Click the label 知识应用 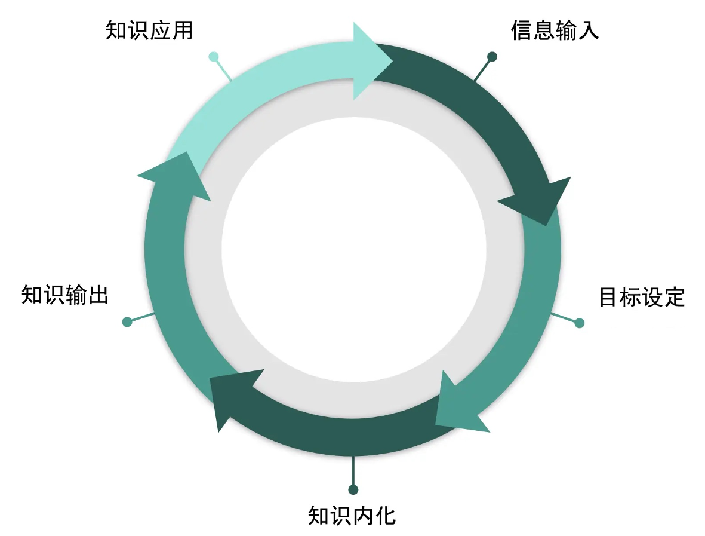[x=149, y=30]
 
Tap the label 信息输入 [x=555, y=30]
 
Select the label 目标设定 [x=642, y=297]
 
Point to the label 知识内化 [x=352, y=516]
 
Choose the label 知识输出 [x=65, y=295]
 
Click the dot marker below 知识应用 [x=214, y=57]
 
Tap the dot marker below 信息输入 [x=492, y=57]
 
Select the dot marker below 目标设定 [x=580, y=323]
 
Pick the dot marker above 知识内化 [x=353, y=489]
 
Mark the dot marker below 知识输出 [x=127, y=322]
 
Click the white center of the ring [x=354, y=250]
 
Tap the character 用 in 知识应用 [x=183, y=30]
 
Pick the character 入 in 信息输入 [x=589, y=30]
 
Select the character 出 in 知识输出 [x=98, y=295]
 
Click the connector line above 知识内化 [x=353, y=470]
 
